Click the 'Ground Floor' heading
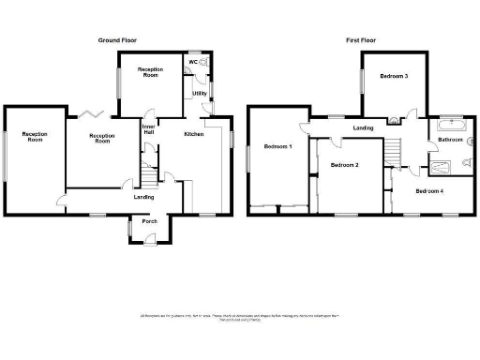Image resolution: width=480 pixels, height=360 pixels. click(119, 40)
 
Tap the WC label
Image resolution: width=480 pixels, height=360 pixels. click(192, 62)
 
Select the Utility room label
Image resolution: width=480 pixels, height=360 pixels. click(200, 93)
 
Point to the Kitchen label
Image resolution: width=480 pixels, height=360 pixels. click(194, 135)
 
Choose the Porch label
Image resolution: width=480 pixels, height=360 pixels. click(149, 221)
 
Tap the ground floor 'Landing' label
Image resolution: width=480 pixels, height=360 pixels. click(143, 197)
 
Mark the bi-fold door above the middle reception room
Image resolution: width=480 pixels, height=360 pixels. click(91, 113)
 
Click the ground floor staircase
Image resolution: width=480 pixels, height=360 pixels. click(146, 173)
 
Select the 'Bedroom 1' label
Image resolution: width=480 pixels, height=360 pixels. click(277, 147)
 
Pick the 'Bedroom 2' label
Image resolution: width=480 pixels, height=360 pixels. click(344, 165)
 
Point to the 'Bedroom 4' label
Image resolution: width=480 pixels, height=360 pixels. click(429, 191)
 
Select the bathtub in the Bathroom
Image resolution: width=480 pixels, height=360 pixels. click(450, 123)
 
